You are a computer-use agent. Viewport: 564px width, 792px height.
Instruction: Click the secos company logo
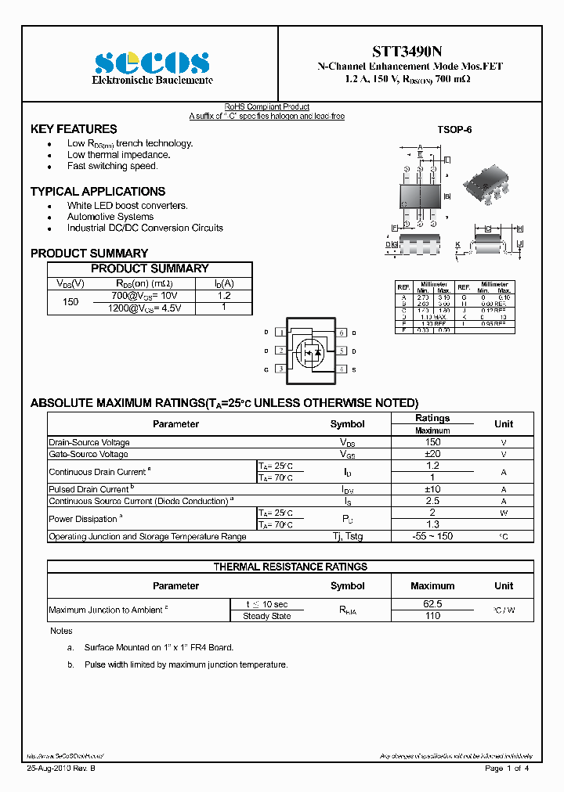click(x=152, y=63)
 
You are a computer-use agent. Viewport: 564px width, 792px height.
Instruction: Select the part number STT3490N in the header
click(x=410, y=52)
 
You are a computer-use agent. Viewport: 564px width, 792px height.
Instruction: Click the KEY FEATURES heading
click(x=74, y=129)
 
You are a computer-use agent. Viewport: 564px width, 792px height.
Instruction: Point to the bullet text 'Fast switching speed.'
click(x=112, y=166)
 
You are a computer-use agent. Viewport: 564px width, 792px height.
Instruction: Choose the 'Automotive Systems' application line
click(x=110, y=217)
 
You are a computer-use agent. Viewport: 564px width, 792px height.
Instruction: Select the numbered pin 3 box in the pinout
click(x=280, y=369)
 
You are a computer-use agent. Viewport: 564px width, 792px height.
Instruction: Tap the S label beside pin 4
click(x=353, y=369)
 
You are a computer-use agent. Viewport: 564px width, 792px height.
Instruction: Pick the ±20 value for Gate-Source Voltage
click(x=432, y=454)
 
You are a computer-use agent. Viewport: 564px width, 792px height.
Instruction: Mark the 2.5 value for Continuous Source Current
click(x=432, y=501)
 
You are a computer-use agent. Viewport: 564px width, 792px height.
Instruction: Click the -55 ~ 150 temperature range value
click(x=432, y=537)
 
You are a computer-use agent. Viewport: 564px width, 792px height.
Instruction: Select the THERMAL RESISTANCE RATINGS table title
click(x=291, y=567)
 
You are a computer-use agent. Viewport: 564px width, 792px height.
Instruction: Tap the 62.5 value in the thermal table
click(x=432, y=604)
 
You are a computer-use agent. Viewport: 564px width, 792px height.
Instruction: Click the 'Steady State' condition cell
click(x=267, y=616)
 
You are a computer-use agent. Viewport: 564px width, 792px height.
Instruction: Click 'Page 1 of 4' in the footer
click(x=507, y=769)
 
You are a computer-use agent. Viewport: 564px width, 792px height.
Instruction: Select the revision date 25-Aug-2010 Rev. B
click(x=60, y=769)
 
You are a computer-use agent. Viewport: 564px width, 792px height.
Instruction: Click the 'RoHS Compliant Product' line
click(x=267, y=106)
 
